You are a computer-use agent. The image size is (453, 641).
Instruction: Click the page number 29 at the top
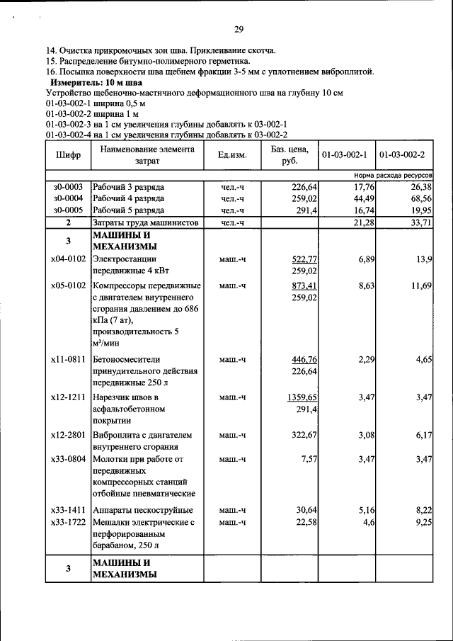pyautogui.click(x=239, y=29)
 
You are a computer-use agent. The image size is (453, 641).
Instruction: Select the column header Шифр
pyautogui.click(x=67, y=154)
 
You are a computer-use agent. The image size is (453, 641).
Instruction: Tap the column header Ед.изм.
pyautogui.click(x=232, y=155)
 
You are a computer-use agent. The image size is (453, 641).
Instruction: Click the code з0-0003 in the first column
pyautogui.click(x=68, y=186)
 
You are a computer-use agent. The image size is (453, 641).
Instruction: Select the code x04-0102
pyautogui.click(x=68, y=259)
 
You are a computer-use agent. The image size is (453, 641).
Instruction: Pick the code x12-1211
pyautogui.click(x=68, y=398)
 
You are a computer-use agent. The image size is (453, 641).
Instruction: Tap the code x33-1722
pyautogui.click(x=68, y=522)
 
